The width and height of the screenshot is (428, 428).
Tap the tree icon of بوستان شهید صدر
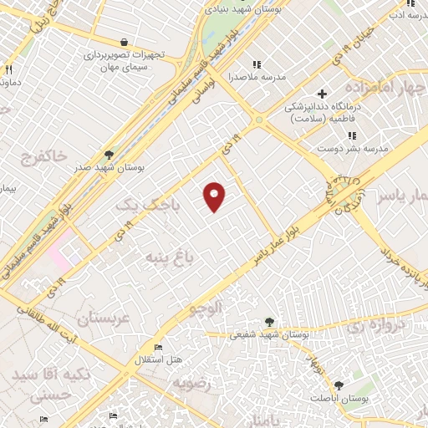(x=108, y=155)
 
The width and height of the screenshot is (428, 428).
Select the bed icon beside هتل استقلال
(x=156, y=347)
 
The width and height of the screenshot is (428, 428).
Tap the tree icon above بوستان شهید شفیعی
(x=269, y=321)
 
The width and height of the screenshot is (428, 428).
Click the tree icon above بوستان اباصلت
(x=338, y=385)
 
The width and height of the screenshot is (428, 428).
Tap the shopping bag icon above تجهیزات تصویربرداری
(x=124, y=42)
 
